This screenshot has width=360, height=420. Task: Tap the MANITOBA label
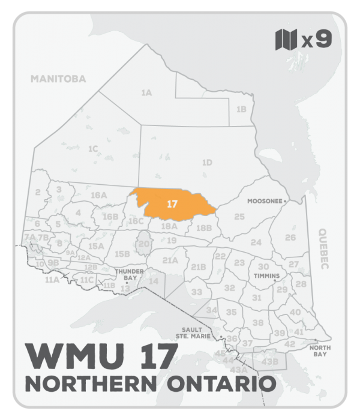pos(59,79)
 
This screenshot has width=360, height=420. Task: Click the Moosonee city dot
pos(286,202)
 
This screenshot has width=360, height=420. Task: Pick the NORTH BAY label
pos(318,350)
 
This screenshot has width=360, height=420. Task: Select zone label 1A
pos(146,93)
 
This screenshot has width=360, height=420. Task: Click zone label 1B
pos(241,109)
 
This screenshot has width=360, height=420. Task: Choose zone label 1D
pos(207,162)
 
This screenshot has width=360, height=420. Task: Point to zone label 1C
pos(92,148)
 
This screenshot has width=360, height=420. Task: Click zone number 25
pos(239,216)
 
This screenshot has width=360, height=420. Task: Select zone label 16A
pos(98,195)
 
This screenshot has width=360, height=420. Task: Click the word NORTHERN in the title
pos(88,382)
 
